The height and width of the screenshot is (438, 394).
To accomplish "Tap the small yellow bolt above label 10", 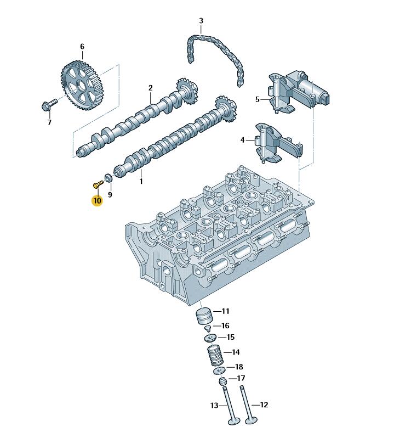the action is pos(98,184).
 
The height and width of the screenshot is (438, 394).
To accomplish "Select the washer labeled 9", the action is pos(109,178).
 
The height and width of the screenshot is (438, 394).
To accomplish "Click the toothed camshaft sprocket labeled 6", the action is pos(82,85).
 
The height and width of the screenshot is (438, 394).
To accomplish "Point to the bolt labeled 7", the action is pos(49,104).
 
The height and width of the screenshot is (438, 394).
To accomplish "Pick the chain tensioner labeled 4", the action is pos(278,144).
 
